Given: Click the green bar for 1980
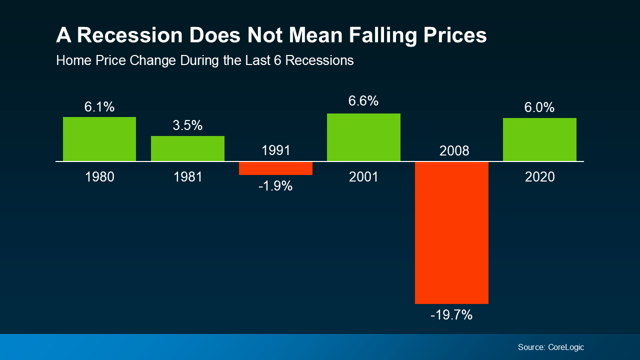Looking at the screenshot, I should [99, 139].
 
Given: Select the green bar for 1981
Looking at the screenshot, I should [187, 148].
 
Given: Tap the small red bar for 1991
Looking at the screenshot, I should [275, 168].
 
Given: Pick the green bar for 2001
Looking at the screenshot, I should [363, 137].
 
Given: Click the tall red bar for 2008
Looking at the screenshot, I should [451, 232].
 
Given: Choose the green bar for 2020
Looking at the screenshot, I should [539, 139].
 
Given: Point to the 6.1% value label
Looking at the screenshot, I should [99, 106].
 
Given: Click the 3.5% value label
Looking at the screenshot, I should [187, 125].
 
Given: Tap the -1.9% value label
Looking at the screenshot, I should [275, 186].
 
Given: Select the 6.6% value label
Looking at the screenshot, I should [363, 101].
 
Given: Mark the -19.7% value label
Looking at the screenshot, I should [451, 315].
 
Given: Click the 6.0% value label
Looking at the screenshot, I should [539, 107].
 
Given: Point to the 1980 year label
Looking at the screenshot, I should [99, 177].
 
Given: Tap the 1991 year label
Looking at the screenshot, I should [275, 150].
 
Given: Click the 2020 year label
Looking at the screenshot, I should [539, 177].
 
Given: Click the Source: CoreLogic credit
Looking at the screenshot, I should [550, 347].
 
